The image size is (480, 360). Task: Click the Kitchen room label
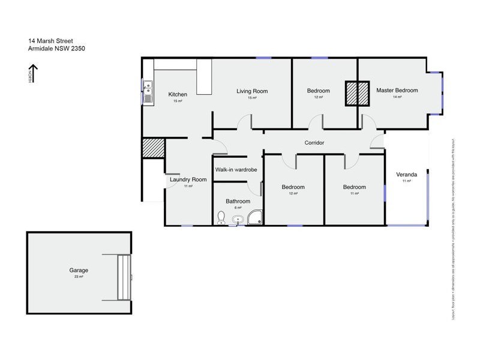178,94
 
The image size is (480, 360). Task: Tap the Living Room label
252,91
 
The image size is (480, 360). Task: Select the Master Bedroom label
397,91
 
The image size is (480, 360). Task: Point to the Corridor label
314,143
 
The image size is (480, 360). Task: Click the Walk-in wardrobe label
236,170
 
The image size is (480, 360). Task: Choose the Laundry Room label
188,179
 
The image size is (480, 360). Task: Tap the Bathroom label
238,201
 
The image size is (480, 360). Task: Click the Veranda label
406,175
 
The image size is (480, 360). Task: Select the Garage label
79,270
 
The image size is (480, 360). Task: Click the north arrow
34,74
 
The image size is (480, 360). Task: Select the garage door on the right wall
124,277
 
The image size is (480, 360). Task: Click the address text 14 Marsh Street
51,41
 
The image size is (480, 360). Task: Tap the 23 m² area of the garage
79,277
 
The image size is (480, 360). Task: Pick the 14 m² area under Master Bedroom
397,97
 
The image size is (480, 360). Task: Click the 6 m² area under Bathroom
238,208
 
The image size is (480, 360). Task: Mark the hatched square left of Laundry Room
153,148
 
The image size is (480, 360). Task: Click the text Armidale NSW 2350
57,49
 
